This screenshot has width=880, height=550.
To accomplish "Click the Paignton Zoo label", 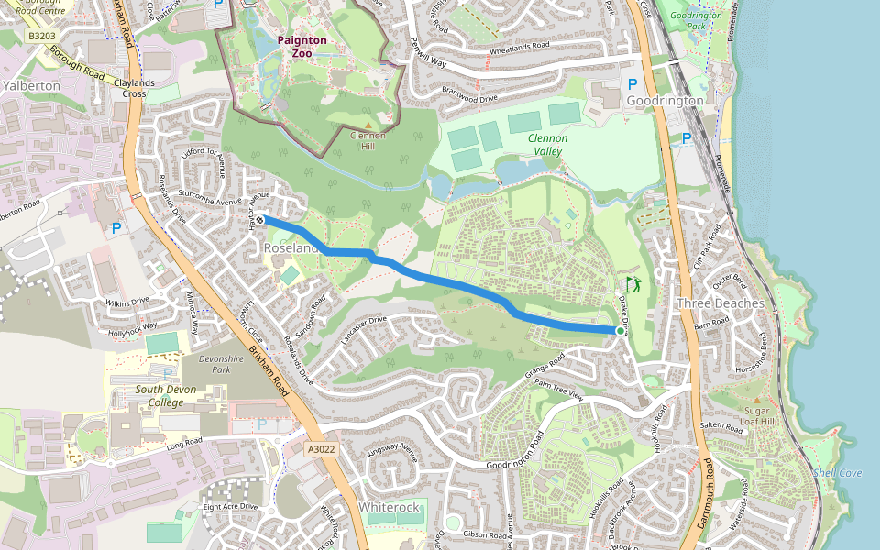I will click(302, 47).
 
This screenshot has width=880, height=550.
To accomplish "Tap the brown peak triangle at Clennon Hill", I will click(368, 125).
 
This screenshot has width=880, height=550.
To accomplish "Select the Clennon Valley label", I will click(547, 145).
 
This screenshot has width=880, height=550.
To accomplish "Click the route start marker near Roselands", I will click(260, 219).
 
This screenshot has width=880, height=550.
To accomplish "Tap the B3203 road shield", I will click(40, 36).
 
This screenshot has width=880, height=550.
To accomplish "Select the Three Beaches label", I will click(720, 303).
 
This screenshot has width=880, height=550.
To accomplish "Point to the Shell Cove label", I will click(837, 473).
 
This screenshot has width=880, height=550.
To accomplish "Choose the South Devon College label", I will click(148, 396).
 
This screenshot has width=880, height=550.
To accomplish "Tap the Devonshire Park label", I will click(207, 363).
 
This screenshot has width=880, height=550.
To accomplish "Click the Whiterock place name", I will click(389, 507).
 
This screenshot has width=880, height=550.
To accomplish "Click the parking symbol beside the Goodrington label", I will click(632, 83).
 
